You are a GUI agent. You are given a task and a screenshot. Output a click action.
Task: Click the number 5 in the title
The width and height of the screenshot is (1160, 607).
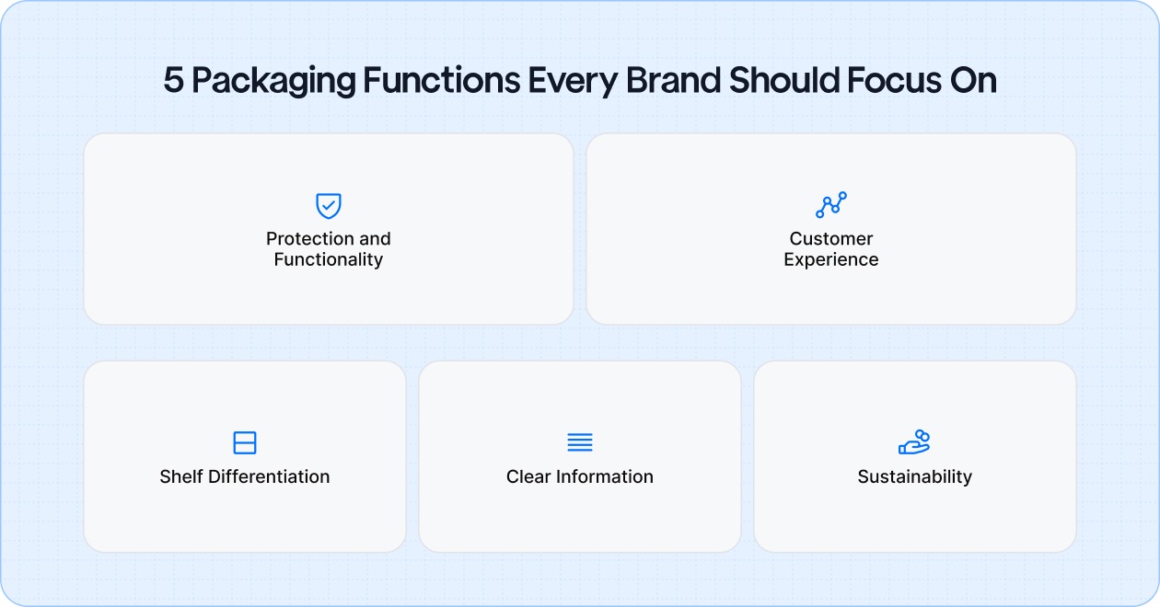click(x=173, y=82)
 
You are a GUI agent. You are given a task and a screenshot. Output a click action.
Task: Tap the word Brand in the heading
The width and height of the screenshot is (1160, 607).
click(x=674, y=82)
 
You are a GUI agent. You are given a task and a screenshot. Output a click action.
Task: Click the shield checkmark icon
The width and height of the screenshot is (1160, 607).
click(x=329, y=205)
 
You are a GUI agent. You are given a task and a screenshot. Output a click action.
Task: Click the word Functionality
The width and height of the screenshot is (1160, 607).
click(x=329, y=259)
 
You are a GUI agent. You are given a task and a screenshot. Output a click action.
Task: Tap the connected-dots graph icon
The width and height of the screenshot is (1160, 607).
click(x=831, y=205)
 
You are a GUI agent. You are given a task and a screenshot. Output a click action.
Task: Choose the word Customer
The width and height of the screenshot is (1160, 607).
click(x=831, y=239)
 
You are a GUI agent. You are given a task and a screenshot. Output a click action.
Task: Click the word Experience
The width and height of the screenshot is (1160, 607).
click(x=831, y=259)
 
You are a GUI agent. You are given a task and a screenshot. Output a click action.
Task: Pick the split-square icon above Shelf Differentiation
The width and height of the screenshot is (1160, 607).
click(x=245, y=442)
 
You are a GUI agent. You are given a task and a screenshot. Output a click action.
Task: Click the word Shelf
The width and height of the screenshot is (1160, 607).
click(x=181, y=476)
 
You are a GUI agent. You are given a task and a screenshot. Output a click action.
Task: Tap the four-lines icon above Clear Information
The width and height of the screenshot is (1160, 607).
click(x=580, y=442)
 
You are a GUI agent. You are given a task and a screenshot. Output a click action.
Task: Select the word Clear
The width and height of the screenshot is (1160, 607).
click(x=528, y=476)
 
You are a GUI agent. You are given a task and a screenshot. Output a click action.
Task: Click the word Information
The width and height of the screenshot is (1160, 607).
click(x=604, y=476)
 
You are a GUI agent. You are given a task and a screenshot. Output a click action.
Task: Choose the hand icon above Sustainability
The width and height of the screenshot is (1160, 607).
click(x=914, y=442)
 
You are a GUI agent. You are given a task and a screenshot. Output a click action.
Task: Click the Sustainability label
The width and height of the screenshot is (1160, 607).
click(x=914, y=476)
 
